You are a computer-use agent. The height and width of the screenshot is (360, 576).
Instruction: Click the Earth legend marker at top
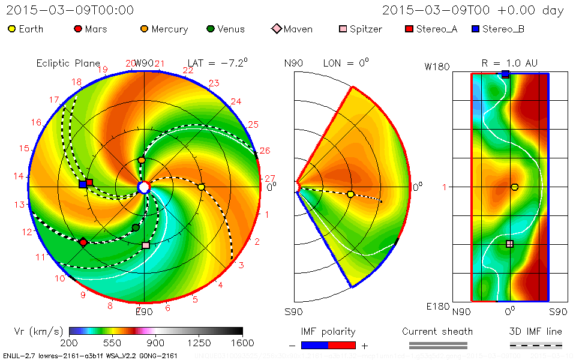[x=11, y=29]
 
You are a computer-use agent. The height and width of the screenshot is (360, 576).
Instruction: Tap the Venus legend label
[x=231, y=29]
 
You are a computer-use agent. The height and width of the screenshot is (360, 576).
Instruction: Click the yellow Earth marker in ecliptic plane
[x=201, y=187]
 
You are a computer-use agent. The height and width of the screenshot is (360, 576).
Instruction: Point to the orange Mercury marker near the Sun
[x=142, y=160]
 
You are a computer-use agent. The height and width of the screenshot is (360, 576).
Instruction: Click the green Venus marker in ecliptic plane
[x=136, y=227]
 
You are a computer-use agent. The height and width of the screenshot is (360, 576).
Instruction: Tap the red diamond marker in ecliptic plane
[x=83, y=242]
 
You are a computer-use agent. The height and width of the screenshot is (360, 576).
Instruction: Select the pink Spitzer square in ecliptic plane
[x=145, y=245]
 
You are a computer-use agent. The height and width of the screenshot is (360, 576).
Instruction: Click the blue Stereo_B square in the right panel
[x=506, y=74]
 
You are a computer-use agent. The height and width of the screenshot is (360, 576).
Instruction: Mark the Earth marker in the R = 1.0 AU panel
[x=514, y=187]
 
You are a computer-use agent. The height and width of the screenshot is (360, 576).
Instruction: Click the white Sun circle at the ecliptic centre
[x=143, y=188]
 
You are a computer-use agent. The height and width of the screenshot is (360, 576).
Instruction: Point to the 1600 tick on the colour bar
[x=242, y=343]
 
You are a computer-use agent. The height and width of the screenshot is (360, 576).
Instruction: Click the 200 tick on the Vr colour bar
[x=70, y=343]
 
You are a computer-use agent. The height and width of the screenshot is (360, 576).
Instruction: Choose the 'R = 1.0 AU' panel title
[x=509, y=63]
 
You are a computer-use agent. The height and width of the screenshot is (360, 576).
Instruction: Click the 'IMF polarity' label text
[x=328, y=332]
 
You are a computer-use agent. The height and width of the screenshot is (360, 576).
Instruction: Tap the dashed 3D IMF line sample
[x=536, y=346]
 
